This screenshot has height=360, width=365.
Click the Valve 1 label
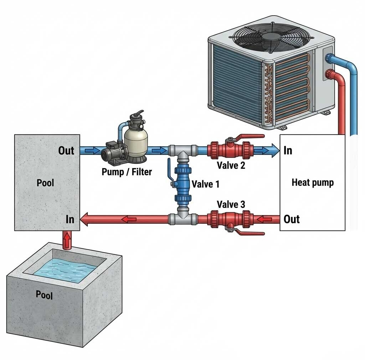pyautogui.click(x=206, y=184)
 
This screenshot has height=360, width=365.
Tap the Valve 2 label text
pyautogui.click(x=231, y=165)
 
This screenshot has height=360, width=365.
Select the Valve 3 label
pyautogui.click(x=231, y=204)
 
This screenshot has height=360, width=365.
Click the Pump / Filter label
pyautogui.click(x=127, y=172)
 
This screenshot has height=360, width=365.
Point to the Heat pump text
pyautogui.click(x=313, y=182)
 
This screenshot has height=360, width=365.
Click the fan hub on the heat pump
pyautogui.click(x=271, y=36)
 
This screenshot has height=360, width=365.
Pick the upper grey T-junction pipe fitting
pyautogui.click(x=183, y=151)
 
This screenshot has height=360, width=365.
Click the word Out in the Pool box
pyautogui.click(x=66, y=151)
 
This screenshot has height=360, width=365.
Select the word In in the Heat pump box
pyautogui.click(x=288, y=151)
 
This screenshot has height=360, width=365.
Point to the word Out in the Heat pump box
pyautogui.click(x=292, y=219)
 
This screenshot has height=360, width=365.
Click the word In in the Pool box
pyautogui.click(x=70, y=219)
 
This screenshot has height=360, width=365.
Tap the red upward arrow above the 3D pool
pyautogui.click(x=67, y=240)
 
